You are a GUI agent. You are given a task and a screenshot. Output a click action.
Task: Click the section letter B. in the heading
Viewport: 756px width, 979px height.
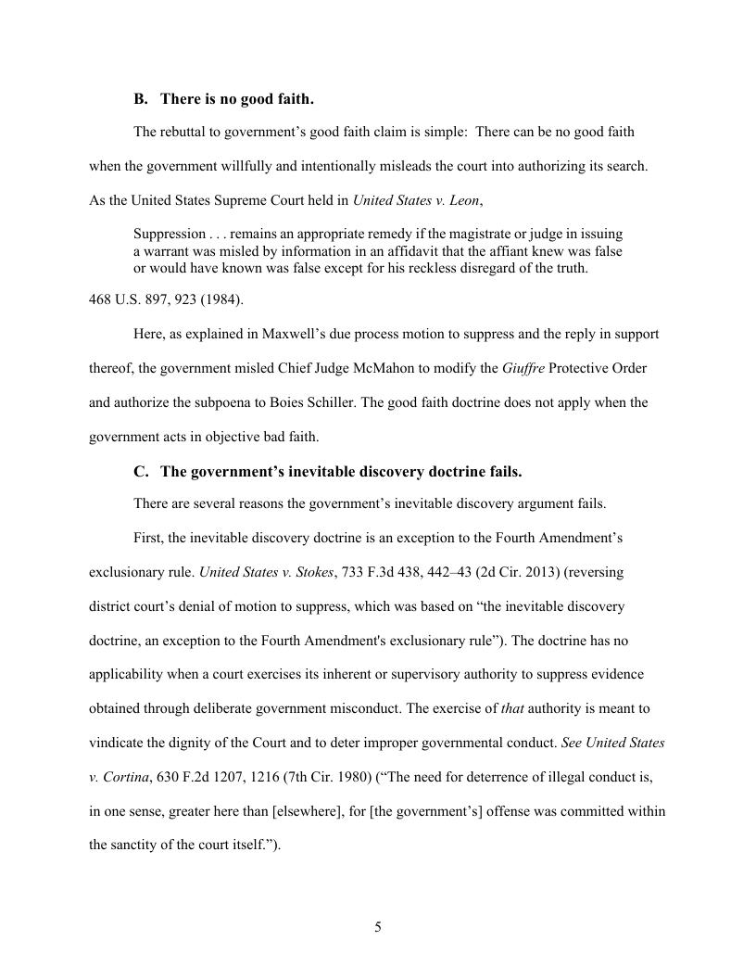141,98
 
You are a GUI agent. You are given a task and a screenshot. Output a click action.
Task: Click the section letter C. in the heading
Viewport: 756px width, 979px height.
141,472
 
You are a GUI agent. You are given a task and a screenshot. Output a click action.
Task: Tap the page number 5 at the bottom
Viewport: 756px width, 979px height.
378,927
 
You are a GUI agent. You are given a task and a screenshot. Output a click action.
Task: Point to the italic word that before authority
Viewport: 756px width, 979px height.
511,708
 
